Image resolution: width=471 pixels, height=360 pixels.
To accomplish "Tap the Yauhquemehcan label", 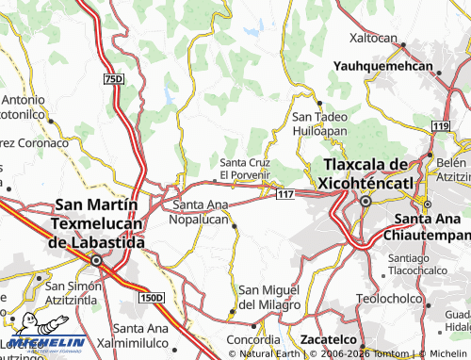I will click(383, 68).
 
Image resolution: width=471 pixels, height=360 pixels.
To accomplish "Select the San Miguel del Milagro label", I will click(269, 297).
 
